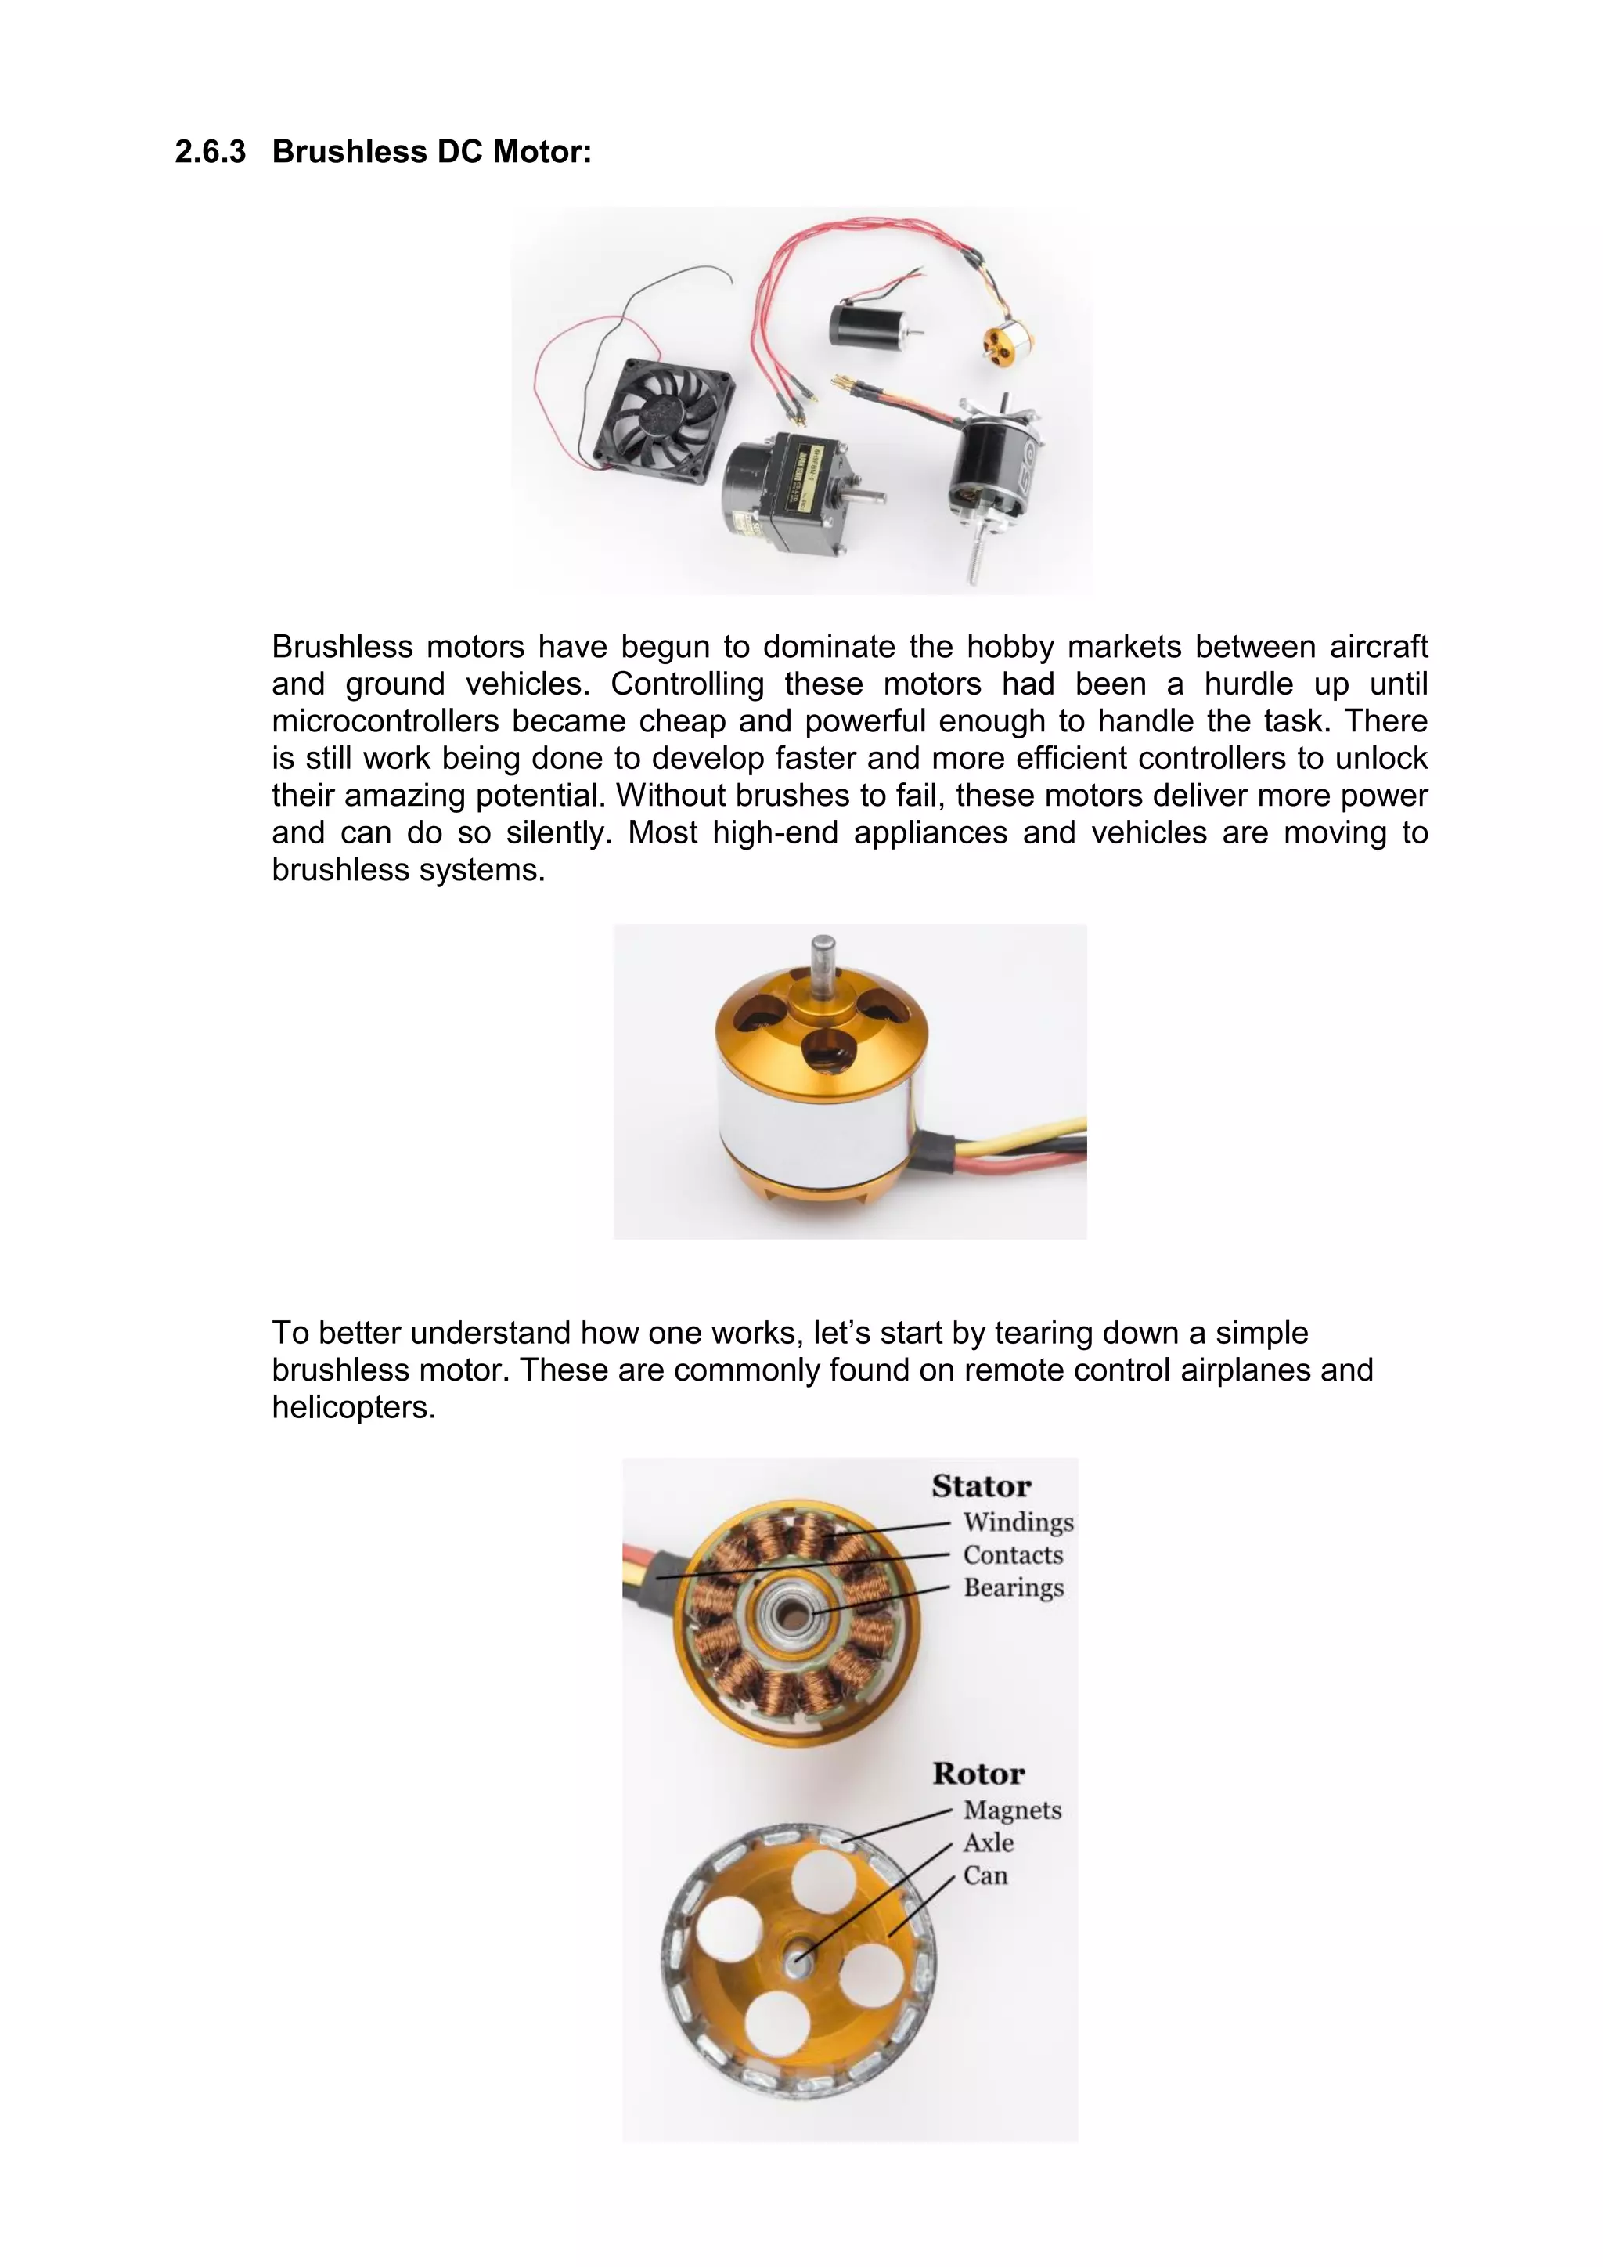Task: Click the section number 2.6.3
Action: coord(211,152)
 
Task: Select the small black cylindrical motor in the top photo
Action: coord(861,322)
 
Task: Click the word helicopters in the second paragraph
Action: coord(352,1408)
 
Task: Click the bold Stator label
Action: coord(982,1487)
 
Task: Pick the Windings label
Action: coord(1018,1522)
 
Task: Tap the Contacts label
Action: coord(1013,1555)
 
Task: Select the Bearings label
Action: coord(1013,1588)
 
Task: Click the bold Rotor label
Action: coord(978,1774)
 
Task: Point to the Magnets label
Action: coord(1012,1810)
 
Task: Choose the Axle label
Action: coord(988,1843)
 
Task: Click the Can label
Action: coord(985,1876)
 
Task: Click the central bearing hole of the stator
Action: coord(791,1612)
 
